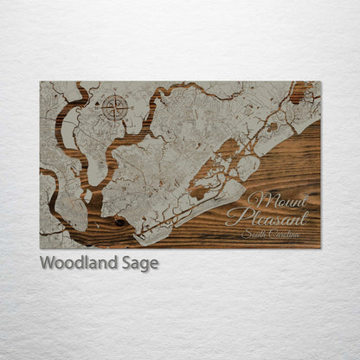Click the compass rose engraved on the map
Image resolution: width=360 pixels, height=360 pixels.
click(x=114, y=108)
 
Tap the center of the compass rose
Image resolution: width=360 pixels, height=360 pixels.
click(x=114, y=108)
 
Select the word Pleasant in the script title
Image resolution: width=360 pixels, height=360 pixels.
click(x=267, y=217)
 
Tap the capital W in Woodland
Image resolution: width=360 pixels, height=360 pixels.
click(x=48, y=263)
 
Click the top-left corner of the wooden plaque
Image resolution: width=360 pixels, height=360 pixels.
click(x=40, y=81)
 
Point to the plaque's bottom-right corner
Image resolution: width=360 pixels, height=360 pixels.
click(x=320, y=248)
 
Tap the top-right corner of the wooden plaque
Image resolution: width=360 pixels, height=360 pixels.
click(x=320, y=81)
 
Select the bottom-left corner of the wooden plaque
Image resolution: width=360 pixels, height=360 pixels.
click(x=40, y=248)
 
